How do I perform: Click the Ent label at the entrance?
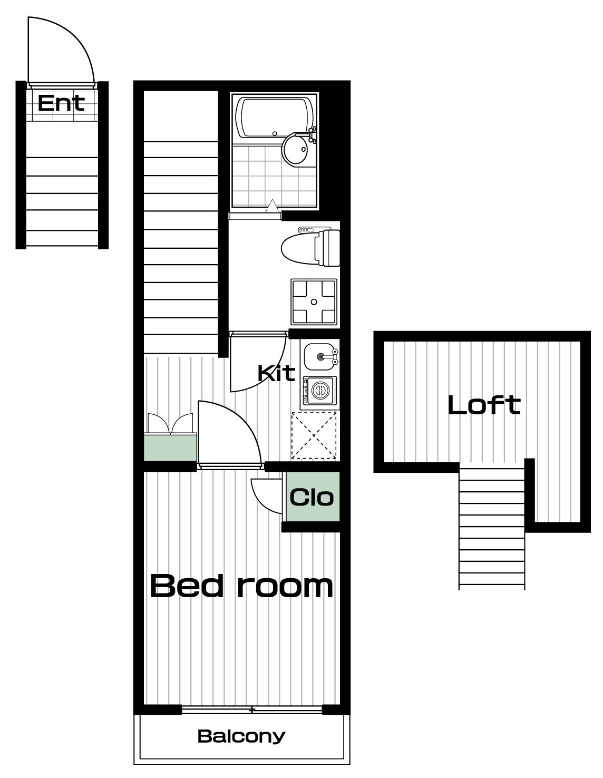(61, 103)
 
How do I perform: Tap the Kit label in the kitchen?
(276, 373)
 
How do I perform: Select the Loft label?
(484, 405)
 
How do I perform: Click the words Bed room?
(241, 586)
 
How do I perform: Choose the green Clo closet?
(312, 497)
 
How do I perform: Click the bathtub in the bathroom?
(275, 118)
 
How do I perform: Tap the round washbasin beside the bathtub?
(295, 149)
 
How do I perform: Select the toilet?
(310, 247)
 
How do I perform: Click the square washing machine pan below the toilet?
(314, 302)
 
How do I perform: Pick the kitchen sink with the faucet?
(320, 356)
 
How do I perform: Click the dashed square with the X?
(314, 435)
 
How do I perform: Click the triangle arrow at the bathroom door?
(273, 206)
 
